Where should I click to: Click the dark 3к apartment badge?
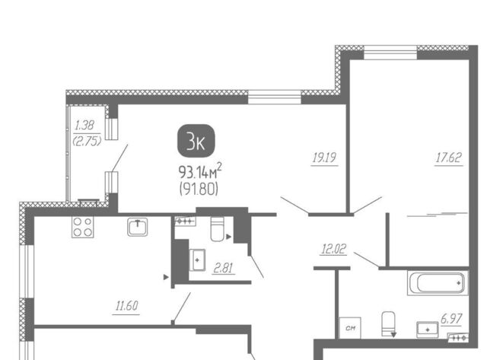pos(196,140)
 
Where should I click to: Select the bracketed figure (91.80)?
pos(199,189)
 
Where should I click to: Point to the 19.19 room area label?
pos(324,158)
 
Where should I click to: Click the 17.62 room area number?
pos(449,158)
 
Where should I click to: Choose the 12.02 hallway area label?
pos(333,249)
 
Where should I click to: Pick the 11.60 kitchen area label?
pos(126,306)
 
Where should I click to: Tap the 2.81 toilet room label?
pos(223,268)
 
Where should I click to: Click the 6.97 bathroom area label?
pos(451,319)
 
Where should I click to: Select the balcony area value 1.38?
pos(84,125)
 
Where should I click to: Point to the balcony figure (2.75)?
pos(87,142)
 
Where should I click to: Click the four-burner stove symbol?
pos(83,227)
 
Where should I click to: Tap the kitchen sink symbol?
pos(137,227)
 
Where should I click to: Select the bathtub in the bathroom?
pos(438,282)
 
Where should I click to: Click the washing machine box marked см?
pos(350,328)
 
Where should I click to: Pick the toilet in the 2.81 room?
pos(217,229)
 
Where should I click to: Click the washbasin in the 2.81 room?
pos(197,260)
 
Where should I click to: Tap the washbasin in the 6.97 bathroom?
pos(428,330)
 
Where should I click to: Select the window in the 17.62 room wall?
pos(390,53)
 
